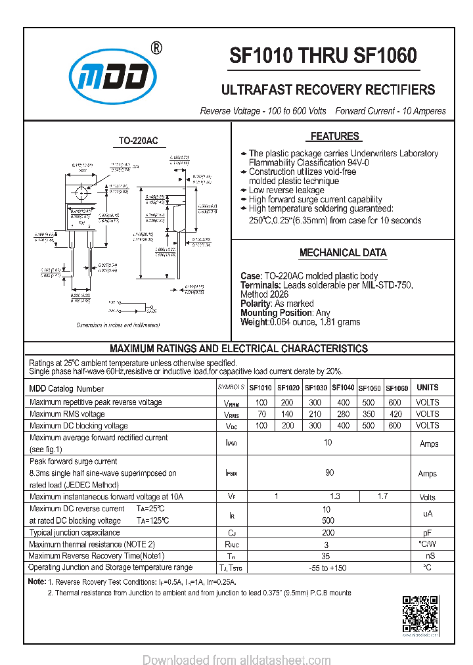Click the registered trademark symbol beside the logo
tap(156, 48)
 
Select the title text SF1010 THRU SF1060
tap(323, 57)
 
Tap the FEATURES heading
tap(334, 137)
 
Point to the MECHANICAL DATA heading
tap(343, 253)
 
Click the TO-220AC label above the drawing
tap(138, 141)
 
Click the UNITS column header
tap(428, 388)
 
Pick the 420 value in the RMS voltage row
tap(394, 414)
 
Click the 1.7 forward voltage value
tap(383, 497)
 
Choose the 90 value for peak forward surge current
tap(328, 472)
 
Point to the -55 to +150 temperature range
tap(327, 568)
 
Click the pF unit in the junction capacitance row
tap(428, 533)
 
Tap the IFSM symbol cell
tap(231, 473)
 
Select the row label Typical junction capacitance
tap(75, 533)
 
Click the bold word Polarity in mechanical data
tap(255, 304)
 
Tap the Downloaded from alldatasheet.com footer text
tap(236, 660)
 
